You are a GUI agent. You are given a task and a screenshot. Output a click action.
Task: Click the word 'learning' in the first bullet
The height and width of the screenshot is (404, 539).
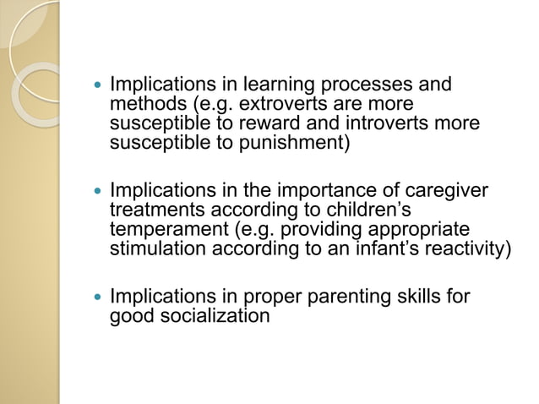275,85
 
